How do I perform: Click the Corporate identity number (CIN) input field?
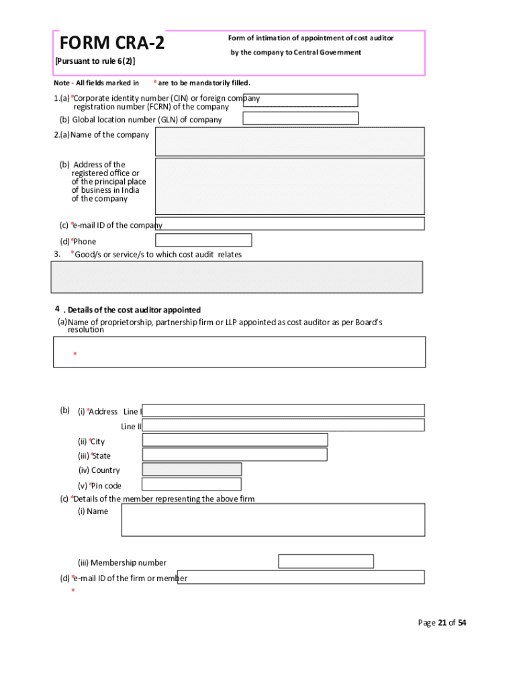point(300,100)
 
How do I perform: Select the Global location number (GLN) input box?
point(300,118)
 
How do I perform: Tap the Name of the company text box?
point(289,141)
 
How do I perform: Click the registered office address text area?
point(289,186)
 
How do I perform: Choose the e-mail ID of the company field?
point(289,224)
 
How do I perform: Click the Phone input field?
point(203,240)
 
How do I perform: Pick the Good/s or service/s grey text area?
point(237,277)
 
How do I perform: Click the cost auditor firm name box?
point(239,352)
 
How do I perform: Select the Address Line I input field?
point(283,411)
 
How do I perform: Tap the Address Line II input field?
point(283,425)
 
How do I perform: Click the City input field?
point(234,440)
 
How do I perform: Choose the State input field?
point(234,455)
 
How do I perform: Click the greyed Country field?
point(191,470)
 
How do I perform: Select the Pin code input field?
point(191,484)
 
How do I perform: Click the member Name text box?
point(273,519)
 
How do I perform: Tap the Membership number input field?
point(326,562)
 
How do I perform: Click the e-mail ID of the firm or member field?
point(301,577)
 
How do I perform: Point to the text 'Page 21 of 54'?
point(442,623)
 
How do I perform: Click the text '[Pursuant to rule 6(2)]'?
point(95,62)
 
